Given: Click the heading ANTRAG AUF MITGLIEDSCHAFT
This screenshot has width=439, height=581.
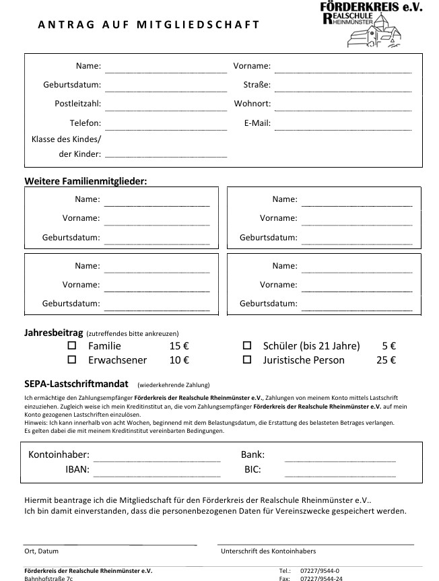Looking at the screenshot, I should pos(148,25).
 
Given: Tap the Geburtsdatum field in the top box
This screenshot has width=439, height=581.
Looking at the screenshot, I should pos(166,86).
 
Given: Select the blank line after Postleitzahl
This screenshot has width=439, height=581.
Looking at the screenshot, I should pos(166,104).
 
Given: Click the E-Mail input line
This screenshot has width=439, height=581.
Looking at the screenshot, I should pos(343,123).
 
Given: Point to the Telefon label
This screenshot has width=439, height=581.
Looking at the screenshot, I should pos(86,123).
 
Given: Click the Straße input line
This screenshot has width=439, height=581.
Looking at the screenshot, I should pos(343,86).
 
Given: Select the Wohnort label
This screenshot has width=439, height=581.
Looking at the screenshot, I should pos(252,104).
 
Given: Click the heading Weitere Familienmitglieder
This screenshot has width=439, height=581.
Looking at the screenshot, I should pos(86,181).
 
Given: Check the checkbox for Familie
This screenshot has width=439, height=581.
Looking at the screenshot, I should pos(73,345).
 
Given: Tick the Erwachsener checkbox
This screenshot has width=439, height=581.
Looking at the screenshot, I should pos(73,360).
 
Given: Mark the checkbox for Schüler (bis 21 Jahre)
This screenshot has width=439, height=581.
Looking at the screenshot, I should pos(247,345).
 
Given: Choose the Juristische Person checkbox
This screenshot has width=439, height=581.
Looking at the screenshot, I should pos(247,360).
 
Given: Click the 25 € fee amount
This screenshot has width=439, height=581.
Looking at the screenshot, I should pos(386,360).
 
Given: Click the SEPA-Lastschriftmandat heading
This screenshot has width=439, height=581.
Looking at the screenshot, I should pos(76,384).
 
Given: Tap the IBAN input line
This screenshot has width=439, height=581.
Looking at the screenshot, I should pos(157,470).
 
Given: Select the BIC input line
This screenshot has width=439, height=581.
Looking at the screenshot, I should pos(340,470).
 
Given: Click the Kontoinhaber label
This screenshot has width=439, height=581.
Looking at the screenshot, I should pos(59,455).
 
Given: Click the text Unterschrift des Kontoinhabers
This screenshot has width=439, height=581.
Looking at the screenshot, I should pos(268,551).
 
